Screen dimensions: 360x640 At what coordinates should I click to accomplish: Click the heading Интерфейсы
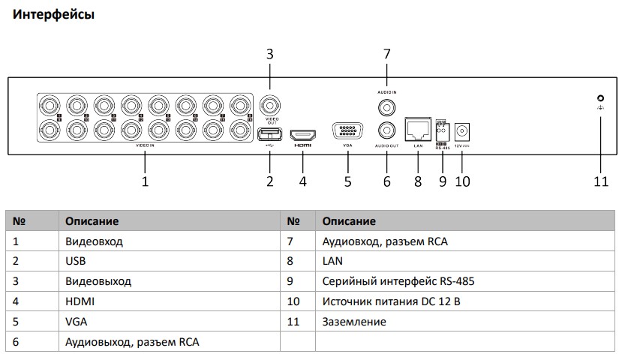52,14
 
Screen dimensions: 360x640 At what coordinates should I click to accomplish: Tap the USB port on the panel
270,134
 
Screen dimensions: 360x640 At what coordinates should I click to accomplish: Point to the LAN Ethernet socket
418,128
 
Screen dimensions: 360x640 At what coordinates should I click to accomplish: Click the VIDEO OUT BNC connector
270,104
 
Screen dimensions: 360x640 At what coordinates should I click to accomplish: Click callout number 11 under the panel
600,181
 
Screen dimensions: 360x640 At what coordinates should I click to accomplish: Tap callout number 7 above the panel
387,54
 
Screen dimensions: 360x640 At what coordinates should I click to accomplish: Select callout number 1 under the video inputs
145,181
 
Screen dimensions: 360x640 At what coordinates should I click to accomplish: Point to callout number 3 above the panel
270,54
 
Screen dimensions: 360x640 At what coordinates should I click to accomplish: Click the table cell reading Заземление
354,322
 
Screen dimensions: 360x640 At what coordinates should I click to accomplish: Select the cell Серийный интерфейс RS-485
398,281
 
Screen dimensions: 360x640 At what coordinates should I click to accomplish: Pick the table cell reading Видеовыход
98,281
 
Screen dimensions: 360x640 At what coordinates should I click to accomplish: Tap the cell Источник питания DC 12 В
391,301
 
